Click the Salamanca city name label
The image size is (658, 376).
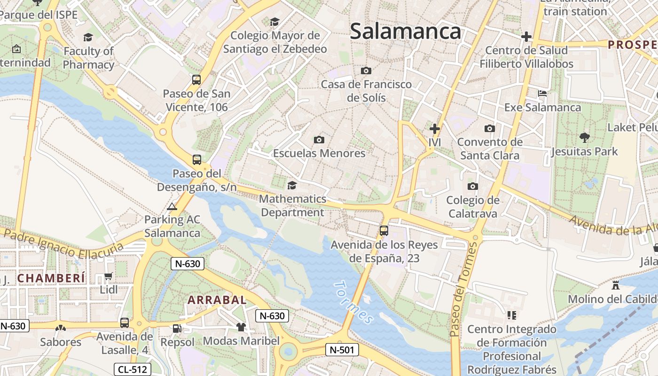[x=405, y=31]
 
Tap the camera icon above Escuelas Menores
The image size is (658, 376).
[x=319, y=140]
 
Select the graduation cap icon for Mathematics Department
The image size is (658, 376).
[x=292, y=185]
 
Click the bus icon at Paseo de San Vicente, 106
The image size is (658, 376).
[x=196, y=80]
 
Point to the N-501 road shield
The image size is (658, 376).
[x=342, y=350]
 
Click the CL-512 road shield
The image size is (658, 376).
[x=133, y=369]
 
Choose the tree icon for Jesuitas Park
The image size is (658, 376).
[x=585, y=138]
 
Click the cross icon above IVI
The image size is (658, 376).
[x=435, y=128]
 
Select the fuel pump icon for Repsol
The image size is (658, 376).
[x=177, y=328]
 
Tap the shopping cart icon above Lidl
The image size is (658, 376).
[x=109, y=276]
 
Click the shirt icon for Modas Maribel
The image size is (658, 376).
[x=241, y=327]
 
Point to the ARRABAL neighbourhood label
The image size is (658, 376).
[x=217, y=300]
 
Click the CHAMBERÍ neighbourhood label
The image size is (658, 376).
[x=51, y=278]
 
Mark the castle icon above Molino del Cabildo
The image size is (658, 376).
[x=616, y=285]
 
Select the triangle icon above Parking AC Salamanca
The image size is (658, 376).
[x=172, y=206]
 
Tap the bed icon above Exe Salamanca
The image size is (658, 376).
[x=542, y=94]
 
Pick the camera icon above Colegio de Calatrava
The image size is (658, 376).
[x=473, y=187]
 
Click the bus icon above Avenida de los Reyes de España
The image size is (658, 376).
[x=384, y=231]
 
